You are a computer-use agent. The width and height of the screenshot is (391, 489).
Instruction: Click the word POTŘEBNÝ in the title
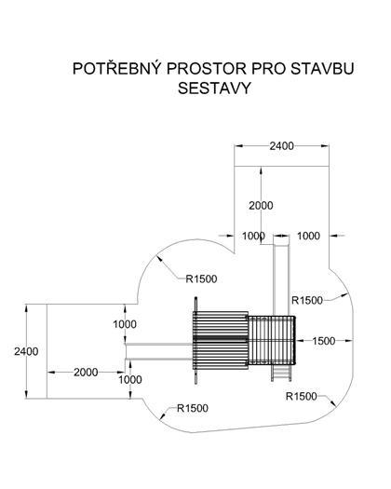pyautogui.click(x=117, y=68)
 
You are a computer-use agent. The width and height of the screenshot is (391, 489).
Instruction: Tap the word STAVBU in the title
pyautogui.click(x=322, y=69)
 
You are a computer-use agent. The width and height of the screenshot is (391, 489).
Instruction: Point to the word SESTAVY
pyautogui.click(x=214, y=88)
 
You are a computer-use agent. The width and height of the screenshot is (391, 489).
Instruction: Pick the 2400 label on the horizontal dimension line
pyautogui.click(x=281, y=146)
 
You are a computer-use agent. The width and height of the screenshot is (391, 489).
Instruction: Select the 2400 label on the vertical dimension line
pyautogui.click(x=26, y=351)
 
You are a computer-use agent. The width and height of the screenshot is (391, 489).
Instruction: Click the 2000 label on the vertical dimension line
pyautogui.click(x=261, y=206)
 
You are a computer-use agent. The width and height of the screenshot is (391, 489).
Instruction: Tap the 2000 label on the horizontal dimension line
pyautogui.click(x=86, y=372)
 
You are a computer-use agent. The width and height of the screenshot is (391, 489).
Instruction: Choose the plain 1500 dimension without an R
pyautogui.click(x=324, y=341)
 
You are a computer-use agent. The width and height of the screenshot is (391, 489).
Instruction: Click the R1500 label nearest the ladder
pyautogui.click(x=302, y=397)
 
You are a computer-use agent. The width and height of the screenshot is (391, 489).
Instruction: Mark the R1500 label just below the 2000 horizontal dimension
pyautogui.click(x=193, y=408)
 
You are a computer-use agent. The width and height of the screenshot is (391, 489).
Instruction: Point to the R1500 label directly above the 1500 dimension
pyautogui.click(x=307, y=300)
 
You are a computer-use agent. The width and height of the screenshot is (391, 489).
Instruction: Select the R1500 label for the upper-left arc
pyautogui.click(x=201, y=278)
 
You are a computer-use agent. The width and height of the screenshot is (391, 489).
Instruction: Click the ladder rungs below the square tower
pyautogui.click(x=281, y=373)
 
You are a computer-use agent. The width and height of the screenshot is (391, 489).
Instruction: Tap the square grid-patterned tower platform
pyautogui.click(x=271, y=340)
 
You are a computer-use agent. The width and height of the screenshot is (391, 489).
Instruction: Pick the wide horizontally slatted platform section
pyautogui.click(x=221, y=340)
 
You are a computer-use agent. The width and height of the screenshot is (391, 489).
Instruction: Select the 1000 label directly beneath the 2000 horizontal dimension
pyautogui.click(x=130, y=379)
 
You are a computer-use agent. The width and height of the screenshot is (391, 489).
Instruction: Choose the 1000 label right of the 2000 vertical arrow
pyautogui.click(x=308, y=236)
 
